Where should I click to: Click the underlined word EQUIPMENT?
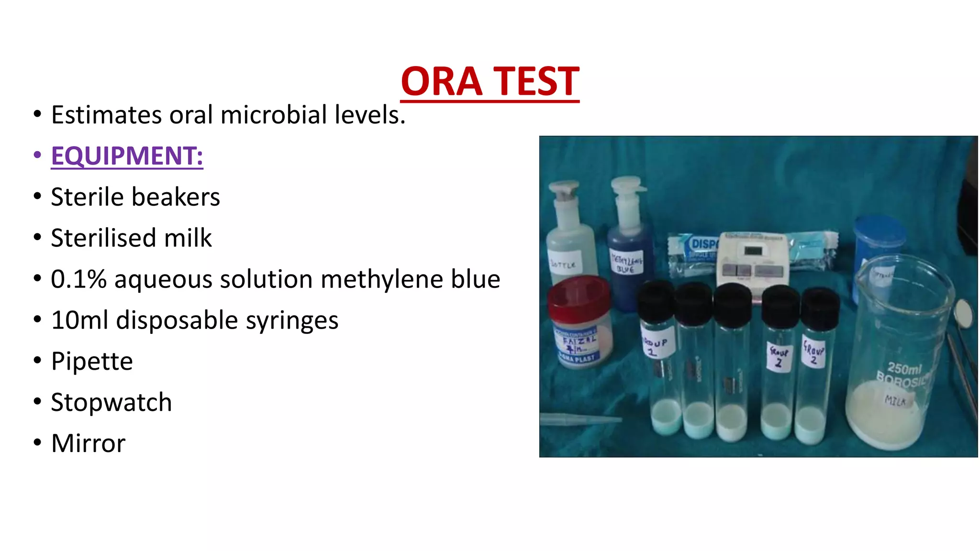(127, 156)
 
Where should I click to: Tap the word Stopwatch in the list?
(111, 402)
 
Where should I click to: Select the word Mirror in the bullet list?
(88, 443)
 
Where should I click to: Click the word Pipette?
(92, 361)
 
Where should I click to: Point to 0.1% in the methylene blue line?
(78, 279)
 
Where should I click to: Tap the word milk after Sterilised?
(188, 238)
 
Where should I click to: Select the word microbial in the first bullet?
(274, 115)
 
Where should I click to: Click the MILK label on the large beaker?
(894, 400)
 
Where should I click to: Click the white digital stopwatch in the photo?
(752, 261)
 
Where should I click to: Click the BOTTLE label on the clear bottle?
(564, 263)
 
